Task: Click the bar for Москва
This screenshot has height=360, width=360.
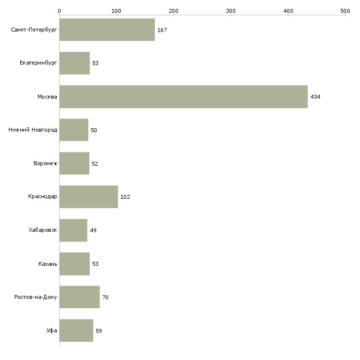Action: pyautogui.click(x=183, y=97)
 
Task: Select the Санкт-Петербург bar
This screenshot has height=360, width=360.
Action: pyautogui.click(x=107, y=30)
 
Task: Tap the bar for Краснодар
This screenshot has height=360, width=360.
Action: pyautogui.click(x=89, y=197)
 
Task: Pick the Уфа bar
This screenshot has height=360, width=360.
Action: pyautogui.click(x=76, y=330)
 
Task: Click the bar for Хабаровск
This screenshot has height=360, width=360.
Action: pyautogui.click(x=73, y=230)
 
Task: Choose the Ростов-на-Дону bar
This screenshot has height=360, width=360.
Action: pyautogui.click(x=79, y=297)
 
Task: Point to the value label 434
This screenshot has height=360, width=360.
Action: pyautogui.click(x=315, y=97)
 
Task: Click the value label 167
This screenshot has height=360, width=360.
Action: pyautogui.click(x=162, y=30)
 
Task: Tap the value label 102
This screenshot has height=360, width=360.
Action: pyautogui.click(x=125, y=197)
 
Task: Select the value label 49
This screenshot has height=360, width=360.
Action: pyautogui.click(x=93, y=230)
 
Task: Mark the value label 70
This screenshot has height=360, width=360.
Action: pyautogui.click(x=105, y=297)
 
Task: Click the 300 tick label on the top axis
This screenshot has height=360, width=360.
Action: pyautogui.click(x=231, y=11)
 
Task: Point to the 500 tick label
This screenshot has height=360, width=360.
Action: pyautogui.click(x=345, y=11)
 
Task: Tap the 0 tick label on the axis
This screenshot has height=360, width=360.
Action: pyautogui.click(x=60, y=11)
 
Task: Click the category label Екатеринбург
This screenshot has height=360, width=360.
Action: pyautogui.click(x=38, y=63)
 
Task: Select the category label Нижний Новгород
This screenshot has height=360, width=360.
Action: pyautogui.click(x=33, y=130)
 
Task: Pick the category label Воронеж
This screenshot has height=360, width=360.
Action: pyautogui.click(x=45, y=163)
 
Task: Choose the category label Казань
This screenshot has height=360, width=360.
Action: pyautogui.click(x=48, y=264)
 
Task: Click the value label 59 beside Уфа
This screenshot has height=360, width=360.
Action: pyautogui.click(x=99, y=331)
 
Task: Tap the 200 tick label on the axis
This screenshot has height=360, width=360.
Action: pyautogui.click(x=174, y=11)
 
